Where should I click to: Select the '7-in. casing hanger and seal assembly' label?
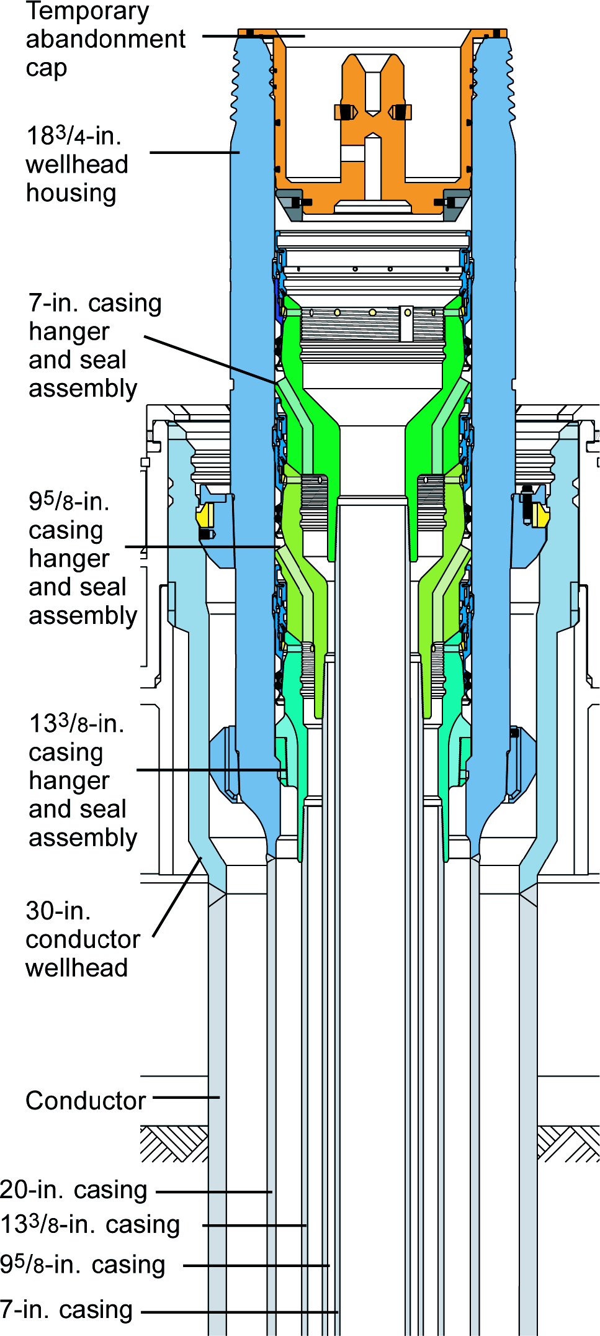coord(93,346)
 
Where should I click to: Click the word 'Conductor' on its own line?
coord(86,1101)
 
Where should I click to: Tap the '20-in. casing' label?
coord(73,1190)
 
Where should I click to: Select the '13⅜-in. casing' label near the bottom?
coord(90,1225)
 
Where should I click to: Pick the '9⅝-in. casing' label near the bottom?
coord(83,1265)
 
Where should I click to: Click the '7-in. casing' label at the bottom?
coord(66,1310)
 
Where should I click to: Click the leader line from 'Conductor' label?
coord(186,1098)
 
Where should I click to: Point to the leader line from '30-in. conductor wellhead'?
coord(177,896)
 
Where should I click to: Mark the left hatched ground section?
coord(174,1144)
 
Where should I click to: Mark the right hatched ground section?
coord(567,1144)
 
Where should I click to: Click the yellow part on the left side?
coord(205,515)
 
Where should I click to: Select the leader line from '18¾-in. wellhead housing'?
coord(194,152)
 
